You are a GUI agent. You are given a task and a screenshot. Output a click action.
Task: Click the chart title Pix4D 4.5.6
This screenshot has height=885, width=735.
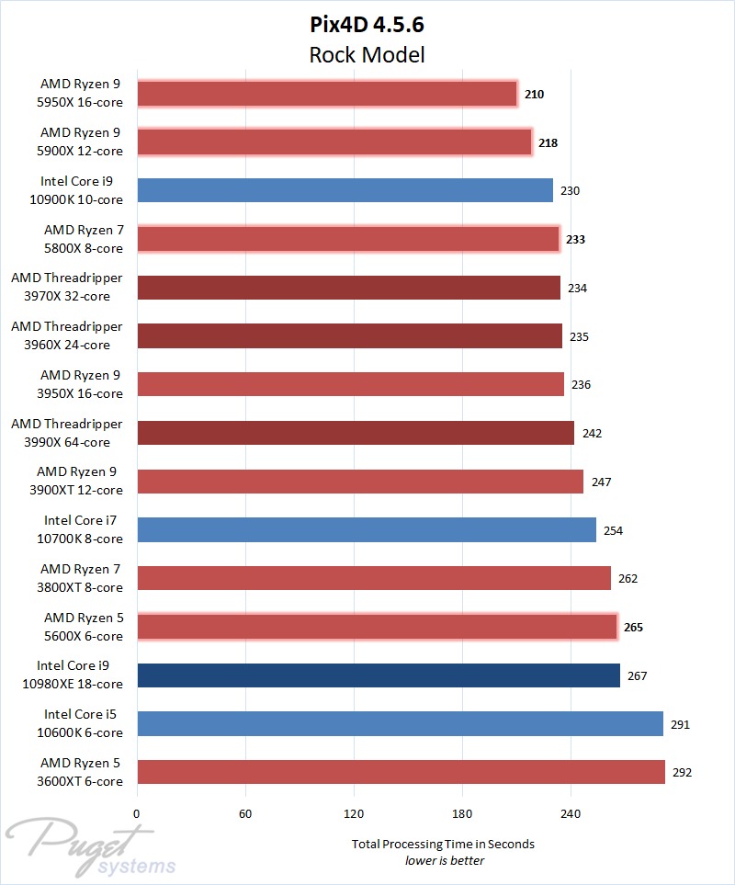[x=367, y=24]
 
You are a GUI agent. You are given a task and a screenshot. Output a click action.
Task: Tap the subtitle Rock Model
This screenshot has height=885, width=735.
[x=367, y=54]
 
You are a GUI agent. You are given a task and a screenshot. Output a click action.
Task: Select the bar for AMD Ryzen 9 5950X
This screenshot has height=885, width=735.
[x=326, y=93]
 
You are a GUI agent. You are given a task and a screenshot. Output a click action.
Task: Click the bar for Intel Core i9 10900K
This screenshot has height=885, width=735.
[x=345, y=190]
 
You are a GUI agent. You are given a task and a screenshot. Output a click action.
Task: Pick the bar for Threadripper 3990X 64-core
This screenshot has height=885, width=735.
[x=355, y=433]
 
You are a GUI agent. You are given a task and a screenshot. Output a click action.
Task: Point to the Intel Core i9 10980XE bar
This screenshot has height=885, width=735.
[x=378, y=675]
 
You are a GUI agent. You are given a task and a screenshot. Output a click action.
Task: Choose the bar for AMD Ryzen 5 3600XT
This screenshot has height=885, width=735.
[x=401, y=772]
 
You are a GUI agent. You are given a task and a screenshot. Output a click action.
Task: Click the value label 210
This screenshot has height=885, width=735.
[x=534, y=94]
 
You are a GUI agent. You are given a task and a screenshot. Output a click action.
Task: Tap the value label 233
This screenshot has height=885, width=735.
[x=575, y=239]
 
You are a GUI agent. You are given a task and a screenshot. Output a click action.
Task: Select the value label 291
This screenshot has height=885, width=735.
[x=680, y=724]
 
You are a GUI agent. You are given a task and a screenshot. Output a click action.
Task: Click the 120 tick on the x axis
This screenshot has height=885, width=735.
[x=354, y=813]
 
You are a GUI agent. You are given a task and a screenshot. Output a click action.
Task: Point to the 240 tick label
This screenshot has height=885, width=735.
[x=571, y=813]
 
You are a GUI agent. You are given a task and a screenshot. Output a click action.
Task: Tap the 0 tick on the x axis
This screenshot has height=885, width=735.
[x=137, y=813]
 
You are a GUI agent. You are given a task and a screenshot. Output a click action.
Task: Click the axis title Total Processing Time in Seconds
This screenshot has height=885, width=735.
[x=443, y=844]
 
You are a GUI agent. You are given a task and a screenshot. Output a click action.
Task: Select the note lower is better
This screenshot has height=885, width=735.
[x=445, y=860]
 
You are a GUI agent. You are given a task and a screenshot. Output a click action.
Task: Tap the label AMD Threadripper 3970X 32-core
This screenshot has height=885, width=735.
[x=66, y=287]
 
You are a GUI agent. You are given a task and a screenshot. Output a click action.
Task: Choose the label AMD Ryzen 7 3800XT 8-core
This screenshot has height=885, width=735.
[x=81, y=578]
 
